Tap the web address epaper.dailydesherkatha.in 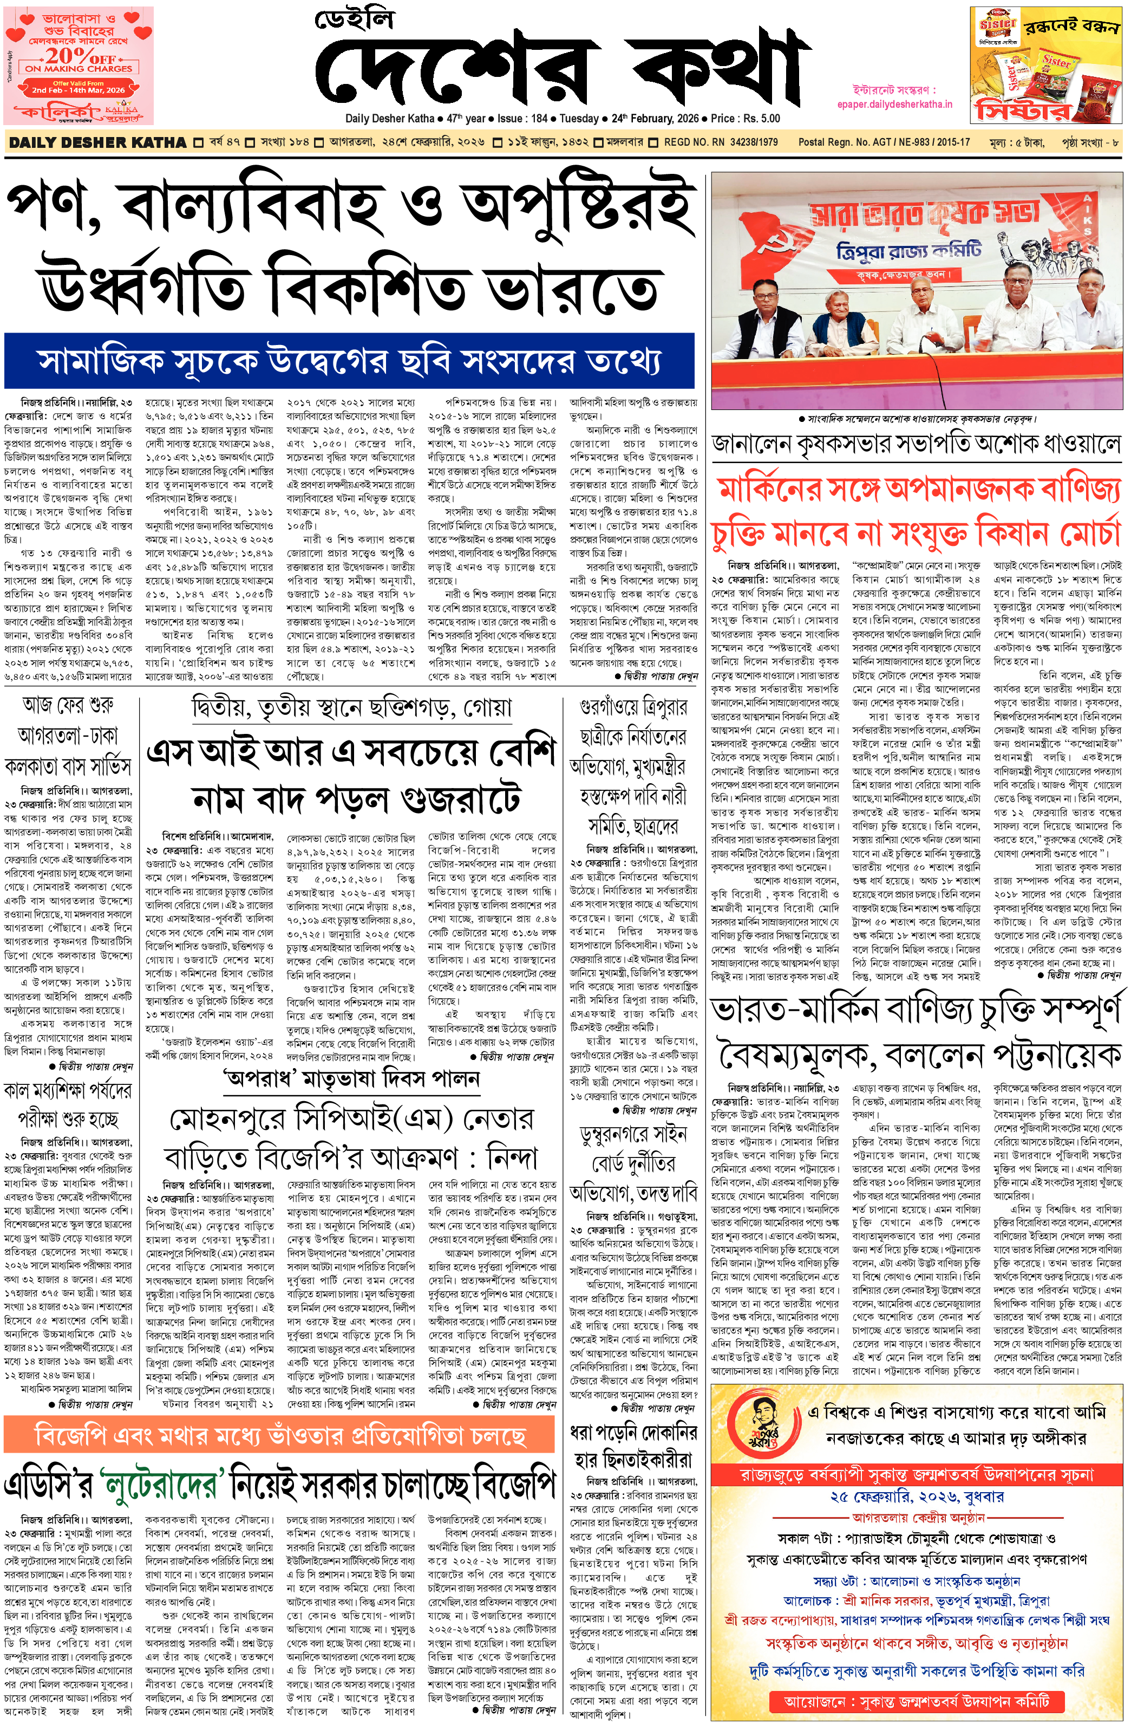(894, 105)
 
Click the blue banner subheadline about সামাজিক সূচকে (349, 361)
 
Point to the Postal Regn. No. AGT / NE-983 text (884, 142)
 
